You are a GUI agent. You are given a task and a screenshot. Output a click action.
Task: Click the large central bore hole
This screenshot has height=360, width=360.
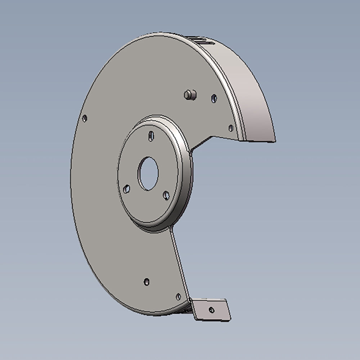point(148,174)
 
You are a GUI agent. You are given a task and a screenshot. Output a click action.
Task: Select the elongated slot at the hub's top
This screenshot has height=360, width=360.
point(151,136)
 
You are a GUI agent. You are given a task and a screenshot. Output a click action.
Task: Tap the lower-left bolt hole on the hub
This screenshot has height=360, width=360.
point(127,189)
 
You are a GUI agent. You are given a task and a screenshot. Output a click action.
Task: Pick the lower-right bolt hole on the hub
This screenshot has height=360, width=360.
point(166,195)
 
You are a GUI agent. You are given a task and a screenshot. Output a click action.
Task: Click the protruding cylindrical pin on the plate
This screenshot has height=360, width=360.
point(190,95)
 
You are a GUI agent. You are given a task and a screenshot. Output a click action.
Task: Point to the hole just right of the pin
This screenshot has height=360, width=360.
point(214,98)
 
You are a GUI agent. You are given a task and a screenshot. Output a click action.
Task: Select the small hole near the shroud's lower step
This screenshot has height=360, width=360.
point(231,128)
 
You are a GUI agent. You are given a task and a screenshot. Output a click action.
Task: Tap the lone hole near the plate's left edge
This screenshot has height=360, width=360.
point(85,118)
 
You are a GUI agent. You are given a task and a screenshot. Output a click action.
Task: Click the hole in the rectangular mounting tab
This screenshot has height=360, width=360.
point(211,310)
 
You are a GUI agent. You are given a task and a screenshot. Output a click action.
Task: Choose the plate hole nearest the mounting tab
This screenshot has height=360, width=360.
point(178,297)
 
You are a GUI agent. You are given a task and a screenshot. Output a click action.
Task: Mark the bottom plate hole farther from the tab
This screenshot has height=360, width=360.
point(147,282)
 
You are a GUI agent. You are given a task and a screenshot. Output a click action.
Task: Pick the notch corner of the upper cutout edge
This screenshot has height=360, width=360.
point(215,136)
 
